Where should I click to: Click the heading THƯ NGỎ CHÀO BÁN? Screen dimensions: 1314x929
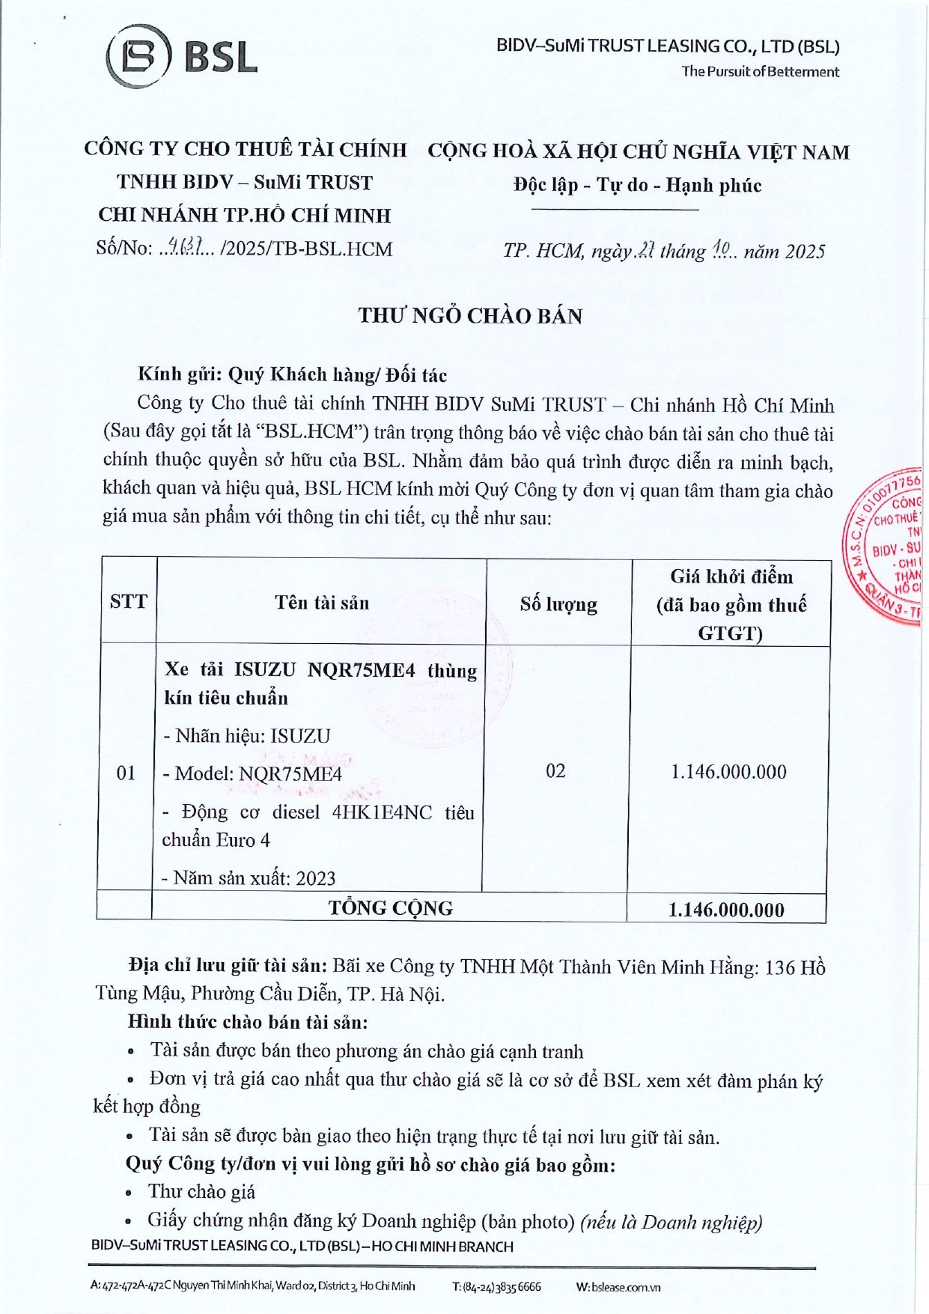pyautogui.click(x=470, y=316)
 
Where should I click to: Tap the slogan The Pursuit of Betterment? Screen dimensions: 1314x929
pyautogui.click(x=760, y=72)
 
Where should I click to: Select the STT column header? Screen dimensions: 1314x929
pyautogui.click(x=128, y=602)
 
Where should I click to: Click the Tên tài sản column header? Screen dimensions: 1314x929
pyautogui.click(x=321, y=603)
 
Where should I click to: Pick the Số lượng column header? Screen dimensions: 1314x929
pyautogui.click(x=558, y=604)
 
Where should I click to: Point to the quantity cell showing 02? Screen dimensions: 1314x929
pyautogui.click(x=555, y=771)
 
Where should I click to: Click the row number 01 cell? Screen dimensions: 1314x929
pyautogui.click(x=126, y=773)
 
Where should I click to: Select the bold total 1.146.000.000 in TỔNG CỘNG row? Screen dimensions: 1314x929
pyautogui.click(x=726, y=910)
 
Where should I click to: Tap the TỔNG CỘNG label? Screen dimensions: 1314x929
pyautogui.click(x=390, y=908)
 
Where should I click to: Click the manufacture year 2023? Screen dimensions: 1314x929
pyautogui.click(x=315, y=878)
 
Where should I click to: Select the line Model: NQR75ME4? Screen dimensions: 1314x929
pyautogui.click(x=252, y=773)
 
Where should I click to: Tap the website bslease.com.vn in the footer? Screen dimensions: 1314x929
pyautogui.click(x=625, y=1286)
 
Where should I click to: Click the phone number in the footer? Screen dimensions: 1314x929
pyautogui.click(x=496, y=1286)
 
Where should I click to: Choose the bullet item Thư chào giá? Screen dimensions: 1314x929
pyautogui.click(x=201, y=1191)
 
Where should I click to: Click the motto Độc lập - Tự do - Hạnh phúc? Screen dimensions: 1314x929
pyautogui.click(x=637, y=185)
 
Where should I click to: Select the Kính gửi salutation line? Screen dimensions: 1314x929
pyautogui.click(x=292, y=374)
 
